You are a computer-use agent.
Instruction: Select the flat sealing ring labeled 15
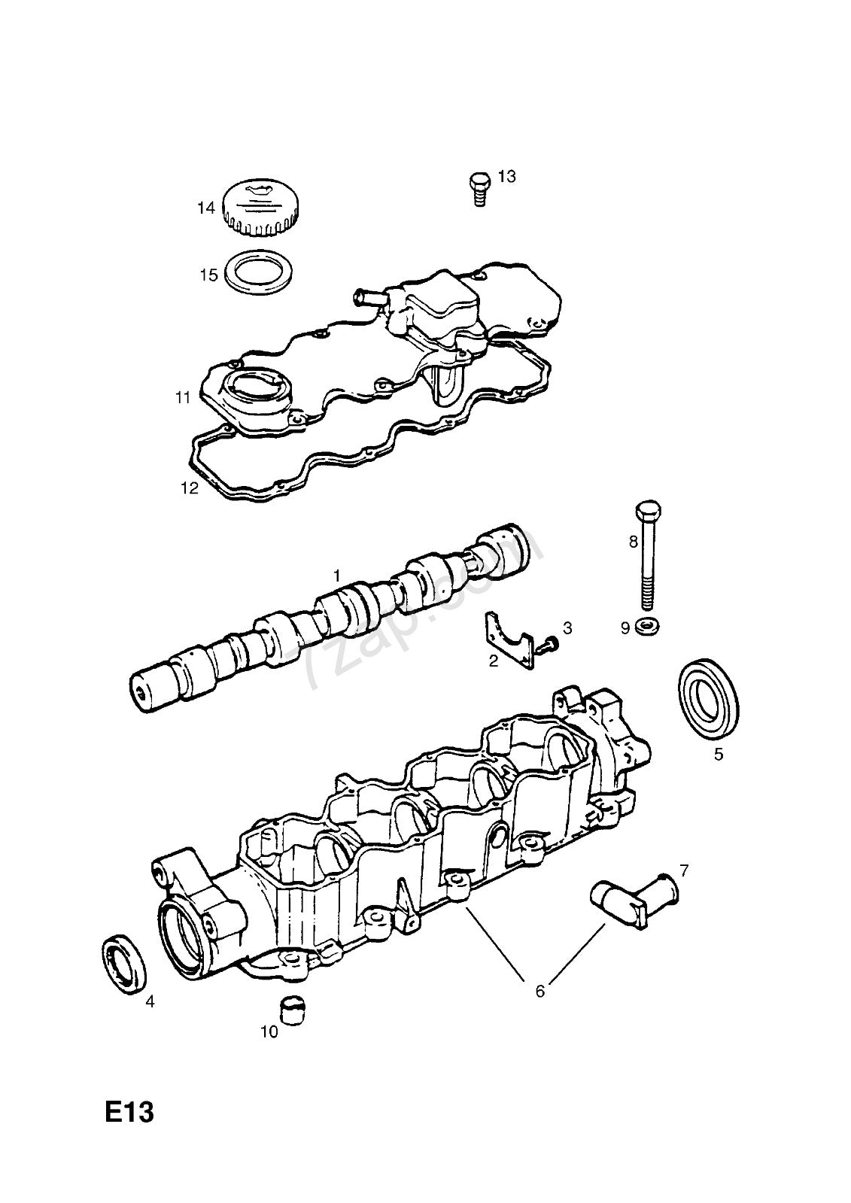coord(260,273)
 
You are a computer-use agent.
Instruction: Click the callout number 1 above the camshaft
coord(338,575)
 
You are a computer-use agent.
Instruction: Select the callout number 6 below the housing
coord(539,991)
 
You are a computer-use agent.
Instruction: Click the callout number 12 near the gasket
coord(189,488)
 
